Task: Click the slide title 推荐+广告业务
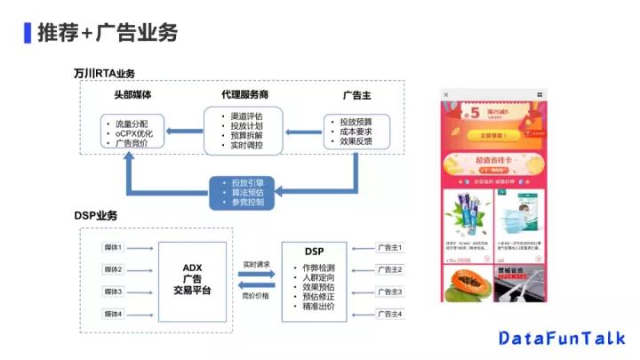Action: click(x=108, y=33)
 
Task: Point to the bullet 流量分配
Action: click(x=132, y=121)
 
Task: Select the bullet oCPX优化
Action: click(x=134, y=132)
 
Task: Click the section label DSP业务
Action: click(x=95, y=216)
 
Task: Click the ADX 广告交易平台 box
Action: click(x=192, y=280)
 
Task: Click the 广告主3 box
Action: click(x=389, y=292)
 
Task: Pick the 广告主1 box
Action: click(x=389, y=247)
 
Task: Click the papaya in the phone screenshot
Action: click(x=467, y=284)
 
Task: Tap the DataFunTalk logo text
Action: click(x=561, y=338)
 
